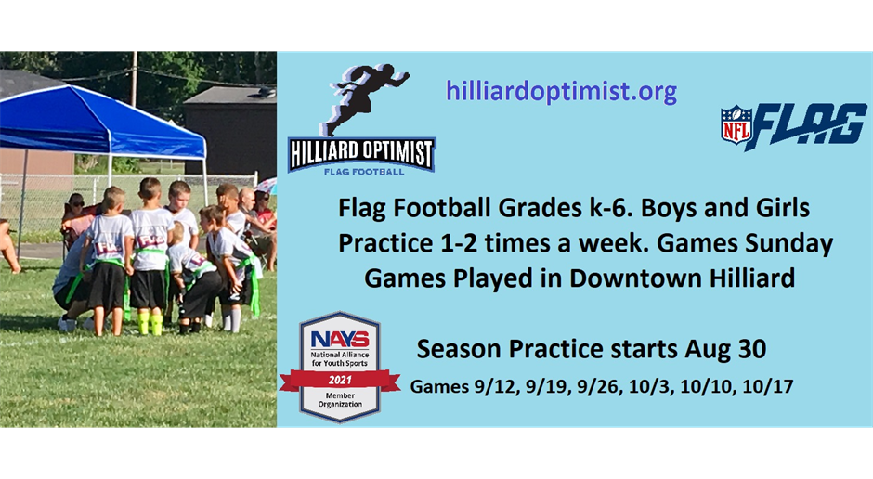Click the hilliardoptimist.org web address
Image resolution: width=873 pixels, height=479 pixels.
[x=561, y=92]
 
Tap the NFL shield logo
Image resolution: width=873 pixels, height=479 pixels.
[x=736, y=124]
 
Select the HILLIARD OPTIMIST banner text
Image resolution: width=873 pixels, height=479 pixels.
[x=361, y=153]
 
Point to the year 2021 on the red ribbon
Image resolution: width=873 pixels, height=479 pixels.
[x=340, y=380]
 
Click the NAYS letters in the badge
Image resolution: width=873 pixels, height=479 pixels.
[x=340, y=339]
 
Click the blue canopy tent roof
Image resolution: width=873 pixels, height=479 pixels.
[x=100, y=123]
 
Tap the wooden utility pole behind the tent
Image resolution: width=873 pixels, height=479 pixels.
[x=134, y=79]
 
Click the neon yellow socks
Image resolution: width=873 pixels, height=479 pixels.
[x=150, y=324]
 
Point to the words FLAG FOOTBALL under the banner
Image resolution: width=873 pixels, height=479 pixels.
[x=364, y=172]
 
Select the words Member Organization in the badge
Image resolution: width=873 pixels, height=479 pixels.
[x=340, y=399]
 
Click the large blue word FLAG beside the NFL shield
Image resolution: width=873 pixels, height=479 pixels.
[x=806, y=125]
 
